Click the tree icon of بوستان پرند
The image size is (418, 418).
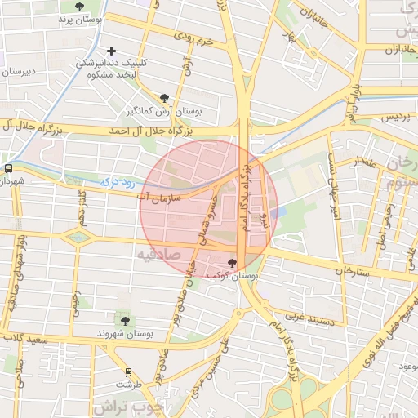tap(78, 7)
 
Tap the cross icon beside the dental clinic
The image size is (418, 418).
tap(112, 51)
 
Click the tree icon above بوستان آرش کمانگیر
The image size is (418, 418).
tap(165, 96)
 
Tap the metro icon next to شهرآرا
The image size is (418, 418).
tap(8, 167)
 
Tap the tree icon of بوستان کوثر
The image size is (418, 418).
tap(232, 263)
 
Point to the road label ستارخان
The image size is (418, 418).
tap(353, 269)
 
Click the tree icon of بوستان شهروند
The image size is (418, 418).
tap(124, 319)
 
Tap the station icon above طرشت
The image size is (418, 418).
tap(128, 371)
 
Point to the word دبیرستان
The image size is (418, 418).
tap(16, 71)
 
